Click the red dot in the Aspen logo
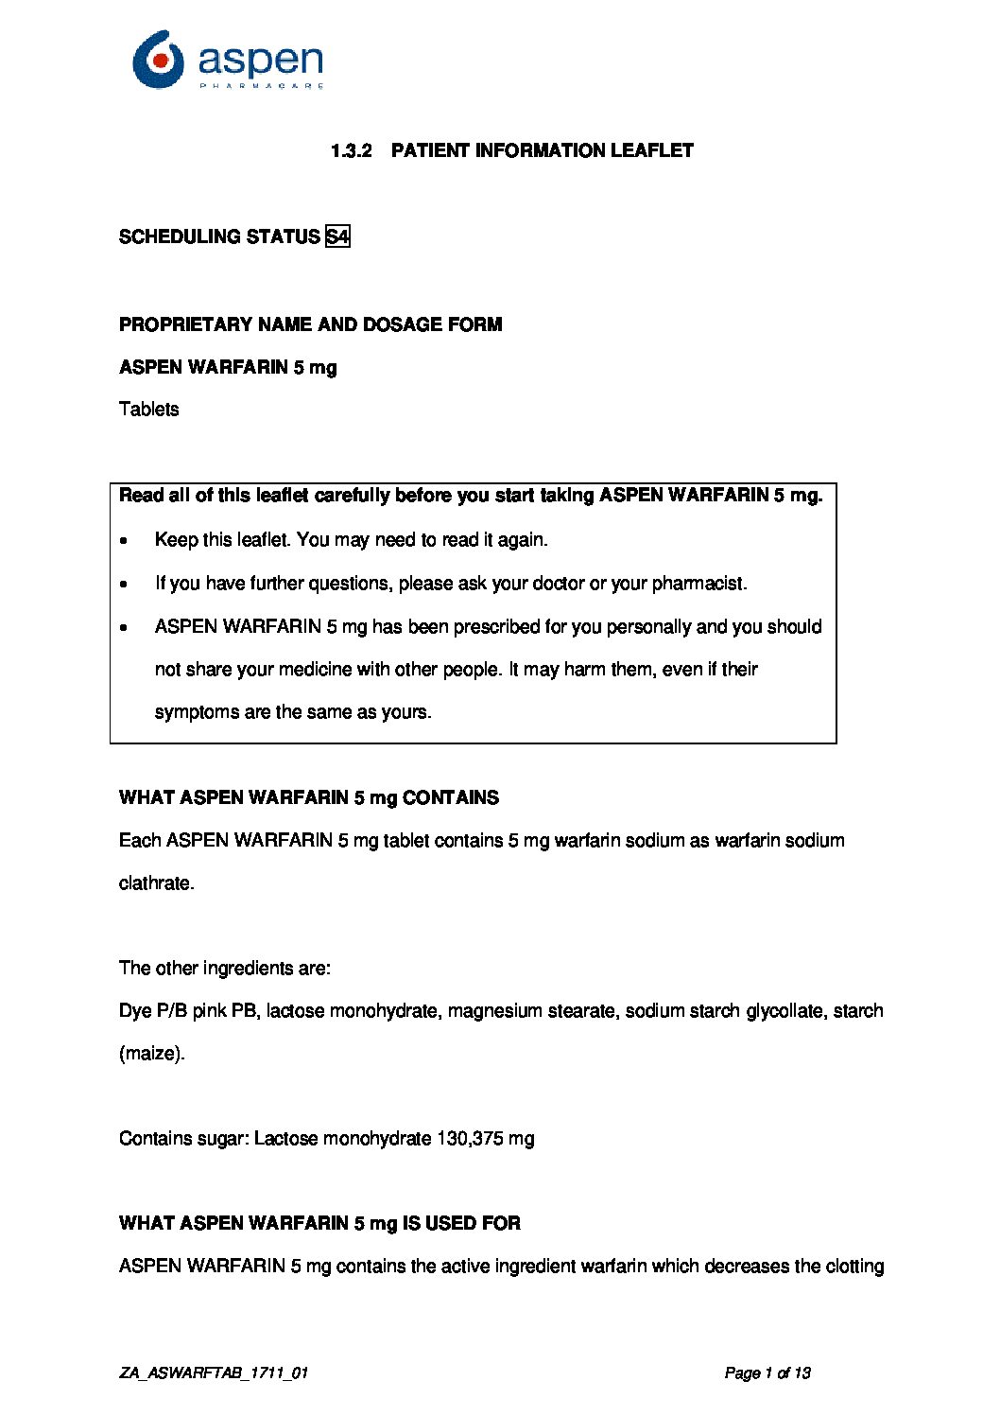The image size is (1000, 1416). [x=162, y=60]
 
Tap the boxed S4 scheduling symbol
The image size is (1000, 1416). [x=337, y=236]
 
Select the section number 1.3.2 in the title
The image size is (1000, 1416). [x=352, y=150]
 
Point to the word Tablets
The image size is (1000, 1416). [x=148, y=409]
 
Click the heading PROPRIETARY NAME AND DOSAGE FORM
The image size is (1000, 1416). [x=310, y=324]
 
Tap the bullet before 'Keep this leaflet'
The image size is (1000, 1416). [x=125, y=541]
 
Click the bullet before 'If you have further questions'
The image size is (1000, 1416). [x=125, y=585]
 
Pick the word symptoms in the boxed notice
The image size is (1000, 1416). [x=197, y=711]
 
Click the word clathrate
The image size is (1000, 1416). [x=156, y=883]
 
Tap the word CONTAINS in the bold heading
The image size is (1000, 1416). [x=451, y=797]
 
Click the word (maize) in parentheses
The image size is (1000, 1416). [x=151, y=1053]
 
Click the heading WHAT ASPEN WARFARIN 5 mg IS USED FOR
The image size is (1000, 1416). [x=319, y=1223]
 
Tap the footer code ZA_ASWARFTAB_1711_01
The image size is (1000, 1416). [x=214, y=1373]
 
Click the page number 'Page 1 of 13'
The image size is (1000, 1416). [x=767, y=1373]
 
